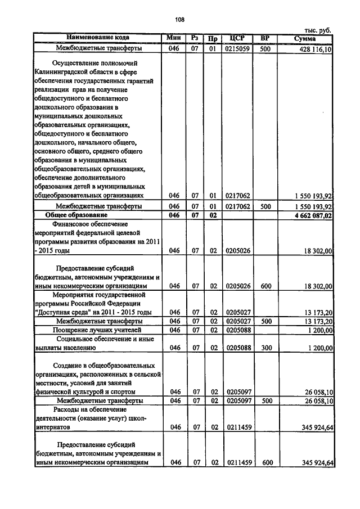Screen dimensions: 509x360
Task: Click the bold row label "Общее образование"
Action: pos(76,215)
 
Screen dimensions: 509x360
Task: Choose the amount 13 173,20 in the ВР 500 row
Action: pos(316,321)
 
